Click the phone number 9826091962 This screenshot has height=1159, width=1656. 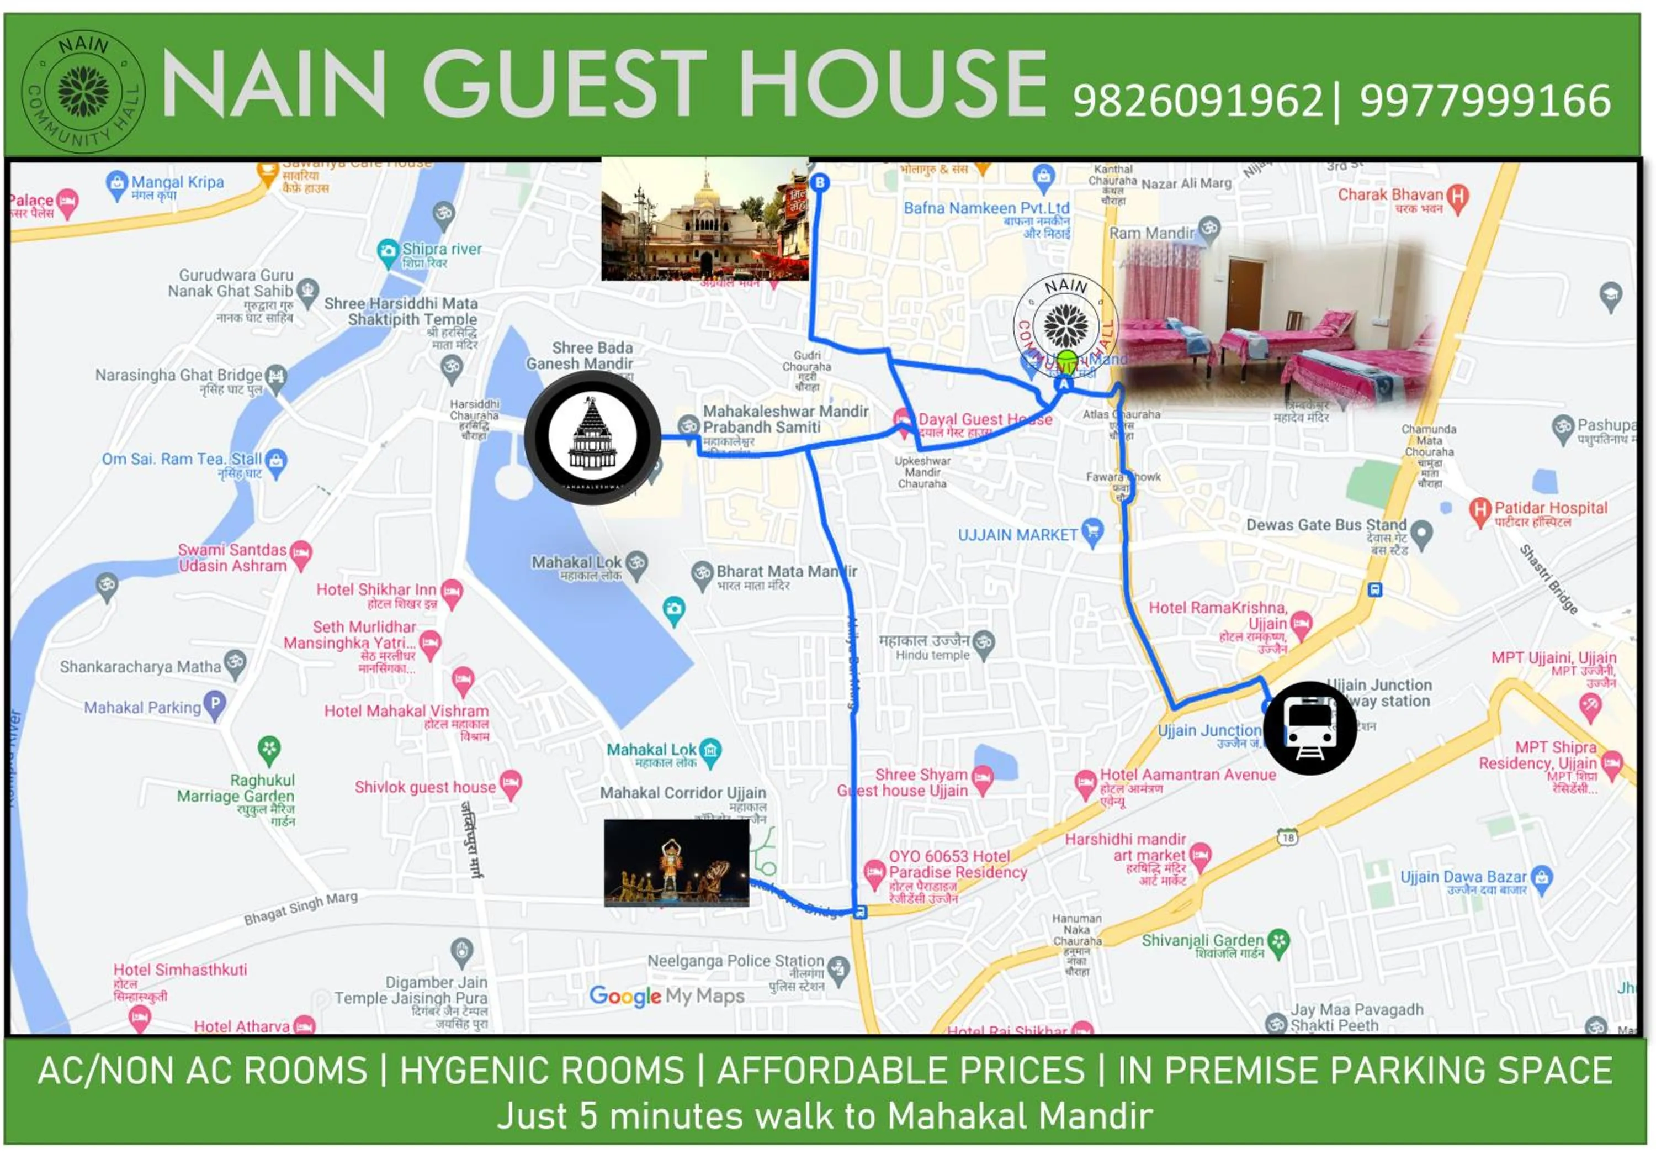coord(1197,101)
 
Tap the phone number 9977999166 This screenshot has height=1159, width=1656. coord(1485,101)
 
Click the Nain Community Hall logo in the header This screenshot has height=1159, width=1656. coord(84,92)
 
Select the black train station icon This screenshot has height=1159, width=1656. coord(1309,728)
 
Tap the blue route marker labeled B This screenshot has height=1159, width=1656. coord(819,183)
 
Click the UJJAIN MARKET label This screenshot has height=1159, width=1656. coord(1017,535)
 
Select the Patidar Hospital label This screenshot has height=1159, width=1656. coord(1550,508)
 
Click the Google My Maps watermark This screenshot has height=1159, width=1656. coord(666,997)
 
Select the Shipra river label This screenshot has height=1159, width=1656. coord(442,250)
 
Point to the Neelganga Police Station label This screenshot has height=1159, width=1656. coord(735,961)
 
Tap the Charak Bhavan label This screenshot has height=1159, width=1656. coord(1390,195)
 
